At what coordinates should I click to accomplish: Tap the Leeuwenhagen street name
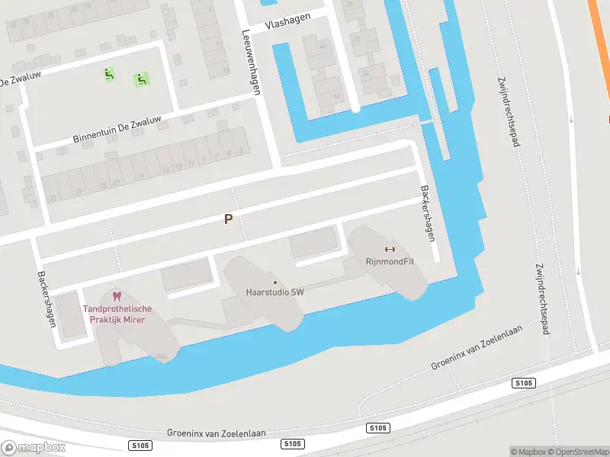(251, 62)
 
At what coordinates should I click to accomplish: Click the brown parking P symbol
(227, 219)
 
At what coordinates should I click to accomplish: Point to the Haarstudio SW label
(274, 292)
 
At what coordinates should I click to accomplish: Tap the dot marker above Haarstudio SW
(274, 283)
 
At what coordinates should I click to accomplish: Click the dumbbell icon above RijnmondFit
(390, 249)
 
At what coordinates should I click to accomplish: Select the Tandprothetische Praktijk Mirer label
(117, 314)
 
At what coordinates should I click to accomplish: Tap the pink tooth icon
(117, 296)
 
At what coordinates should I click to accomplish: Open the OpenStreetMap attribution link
(578, 452)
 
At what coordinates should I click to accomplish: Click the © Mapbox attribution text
(528, 452)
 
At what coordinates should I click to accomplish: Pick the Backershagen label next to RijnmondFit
(427, 214)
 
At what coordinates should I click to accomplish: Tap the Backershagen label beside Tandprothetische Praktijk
(47, 299)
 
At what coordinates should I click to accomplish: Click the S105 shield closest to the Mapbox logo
(135, 445)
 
